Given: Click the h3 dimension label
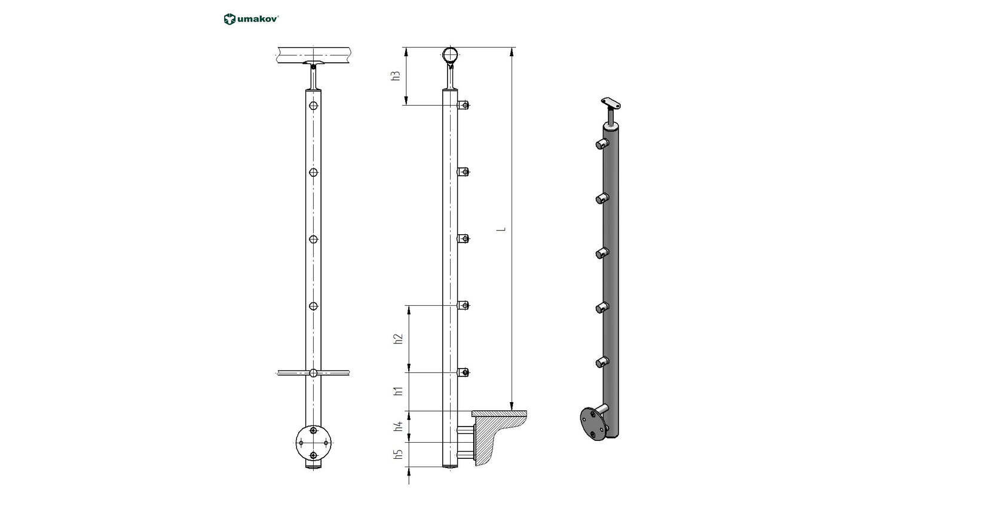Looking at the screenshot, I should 395,76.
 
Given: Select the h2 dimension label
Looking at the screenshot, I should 399,339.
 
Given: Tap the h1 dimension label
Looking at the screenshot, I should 399,391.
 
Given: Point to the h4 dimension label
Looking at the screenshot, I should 399,427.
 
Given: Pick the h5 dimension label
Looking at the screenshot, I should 399,455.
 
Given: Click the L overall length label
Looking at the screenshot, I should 503,228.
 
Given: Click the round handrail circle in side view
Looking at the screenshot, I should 451,55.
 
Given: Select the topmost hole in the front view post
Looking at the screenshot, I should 313,106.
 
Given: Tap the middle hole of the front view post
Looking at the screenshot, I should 313,240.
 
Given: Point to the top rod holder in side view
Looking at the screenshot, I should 464,106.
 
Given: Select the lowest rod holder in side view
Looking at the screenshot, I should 464,373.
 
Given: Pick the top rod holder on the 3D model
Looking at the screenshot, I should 602,143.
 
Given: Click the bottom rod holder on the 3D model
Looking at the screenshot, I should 602,362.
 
